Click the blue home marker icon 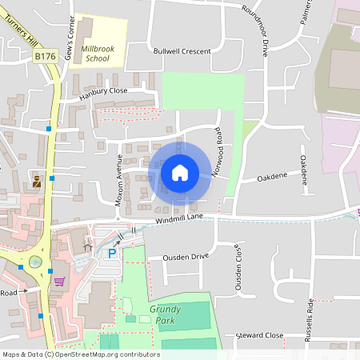click(180, 172)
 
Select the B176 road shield click(45, 56)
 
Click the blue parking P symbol click(113, 253)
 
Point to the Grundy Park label click(165, 314)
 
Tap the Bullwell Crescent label click(182, 51)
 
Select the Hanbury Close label click(103, 92)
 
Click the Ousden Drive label click(185, 257)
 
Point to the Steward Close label click(259, 335)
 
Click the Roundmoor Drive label click(259, 30)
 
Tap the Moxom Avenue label click(118, 181)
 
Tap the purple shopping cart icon click(59, 281)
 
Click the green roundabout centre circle click(35, 262)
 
